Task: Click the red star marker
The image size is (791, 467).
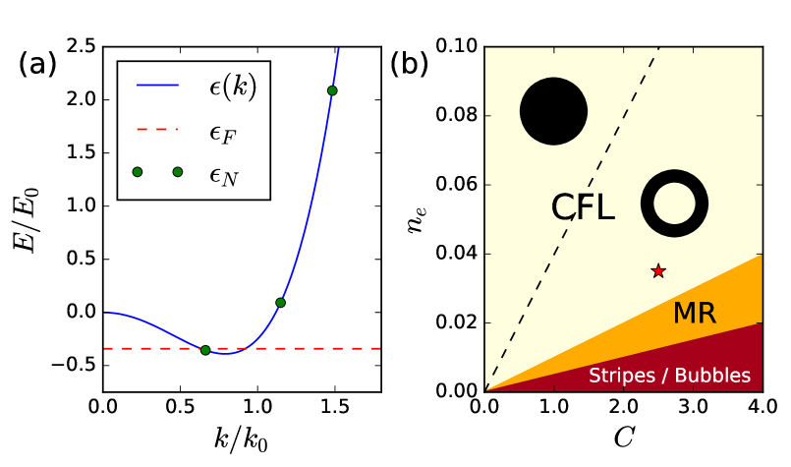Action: point(658,270)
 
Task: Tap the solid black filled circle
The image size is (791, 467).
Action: point(553,112)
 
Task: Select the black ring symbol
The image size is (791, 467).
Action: point(674,204)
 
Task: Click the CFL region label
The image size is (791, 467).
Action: point(583,207)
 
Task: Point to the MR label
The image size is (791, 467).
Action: point(694,314)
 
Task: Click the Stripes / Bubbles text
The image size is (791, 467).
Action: point(669,376)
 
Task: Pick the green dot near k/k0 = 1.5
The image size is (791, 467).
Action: point(332,90)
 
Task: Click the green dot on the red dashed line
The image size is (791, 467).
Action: point(205,350)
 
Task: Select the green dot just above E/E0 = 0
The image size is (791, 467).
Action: point(280,303)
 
